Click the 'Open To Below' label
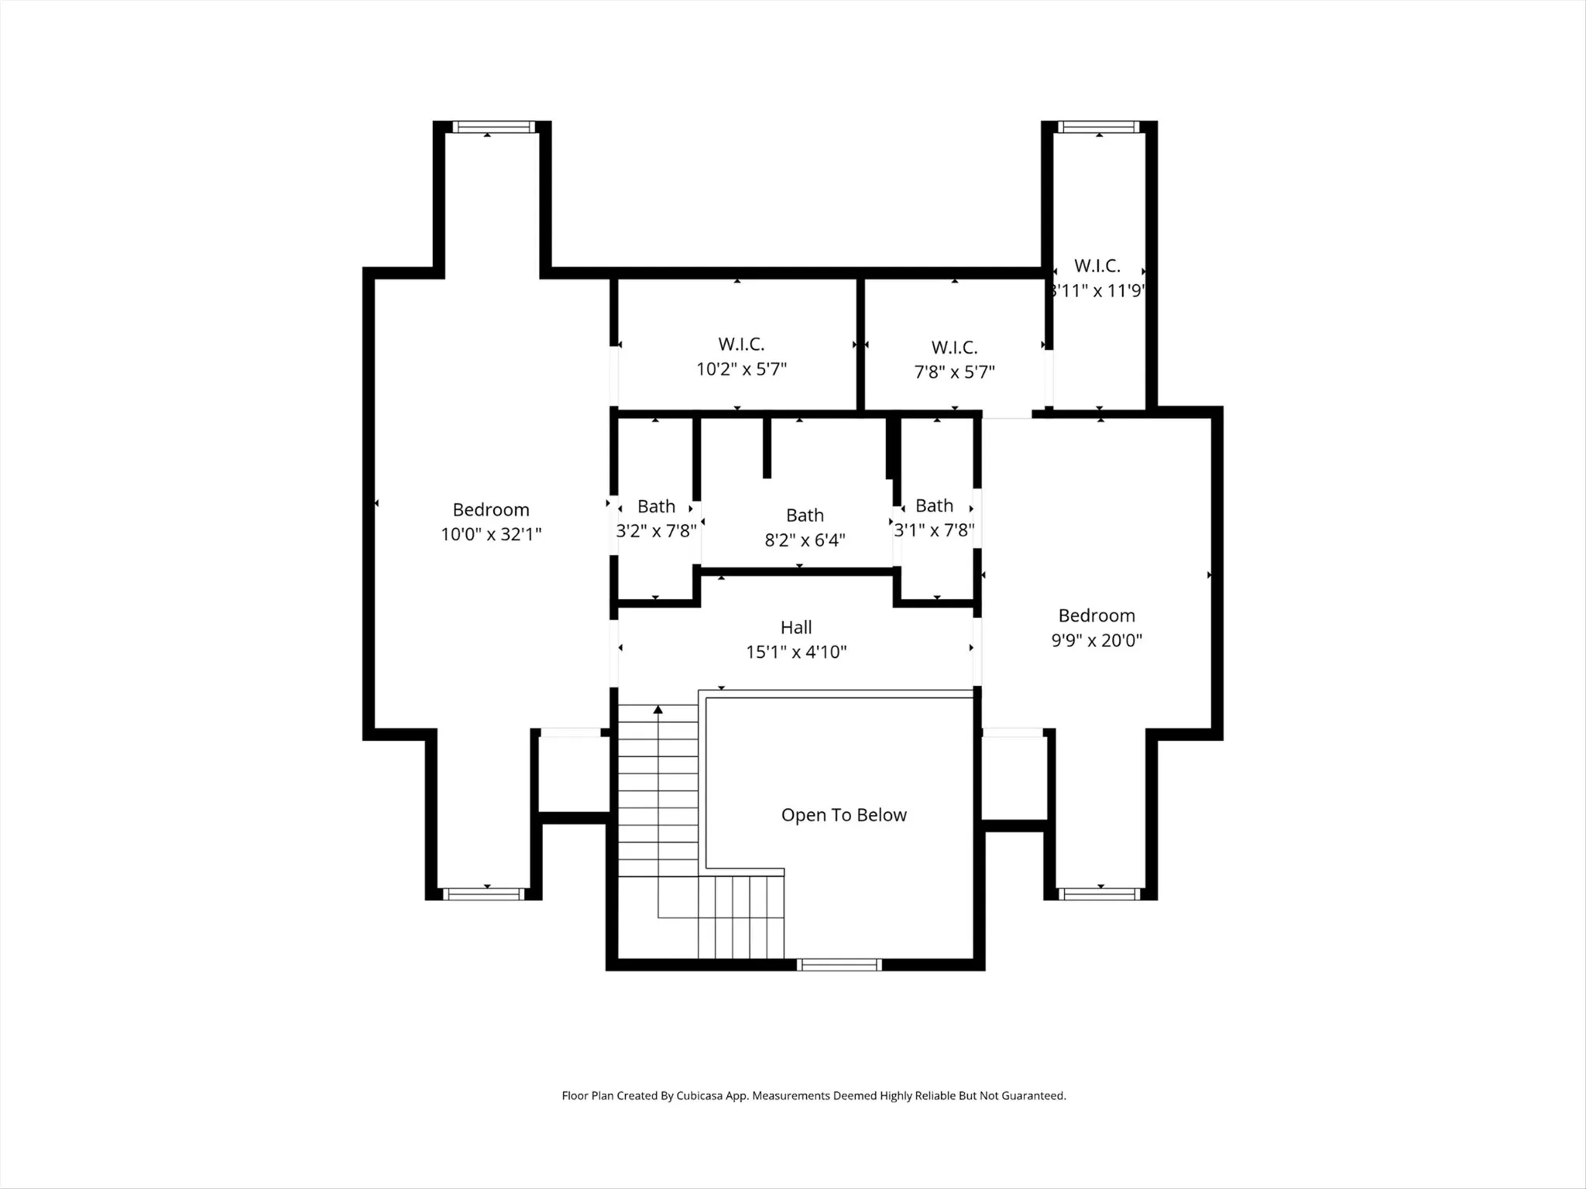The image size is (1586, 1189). tap(843, 815)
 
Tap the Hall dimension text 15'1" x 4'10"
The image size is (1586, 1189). tap(796, 652)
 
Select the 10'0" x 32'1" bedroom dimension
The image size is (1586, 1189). tap(491, 534)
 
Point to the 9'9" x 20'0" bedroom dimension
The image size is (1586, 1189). tap(1097, 640)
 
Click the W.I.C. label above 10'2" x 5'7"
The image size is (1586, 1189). tap(741, 344)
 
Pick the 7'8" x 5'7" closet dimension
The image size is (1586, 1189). tap(954, 372)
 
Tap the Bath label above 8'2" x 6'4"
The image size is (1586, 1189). tap(805, 515)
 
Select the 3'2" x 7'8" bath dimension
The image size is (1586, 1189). tap(656, 531)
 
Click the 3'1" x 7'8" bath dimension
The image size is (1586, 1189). tap(934, 530)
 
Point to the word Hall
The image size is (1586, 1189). tap(796, 627)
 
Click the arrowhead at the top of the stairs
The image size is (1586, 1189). tap(658, 709)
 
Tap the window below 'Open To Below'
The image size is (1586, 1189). tap(839, 965)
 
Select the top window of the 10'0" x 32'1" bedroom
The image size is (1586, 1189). tap(494, 127)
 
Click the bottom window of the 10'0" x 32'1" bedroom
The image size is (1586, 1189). tap(483, 894)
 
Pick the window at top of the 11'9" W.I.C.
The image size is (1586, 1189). tap(1099, 127)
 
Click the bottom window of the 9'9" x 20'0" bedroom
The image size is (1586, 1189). tap(1100, 894)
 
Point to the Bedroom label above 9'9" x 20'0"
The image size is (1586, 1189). tap(1097, 615)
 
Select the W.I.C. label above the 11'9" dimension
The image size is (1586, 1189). tap(1097, 266)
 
